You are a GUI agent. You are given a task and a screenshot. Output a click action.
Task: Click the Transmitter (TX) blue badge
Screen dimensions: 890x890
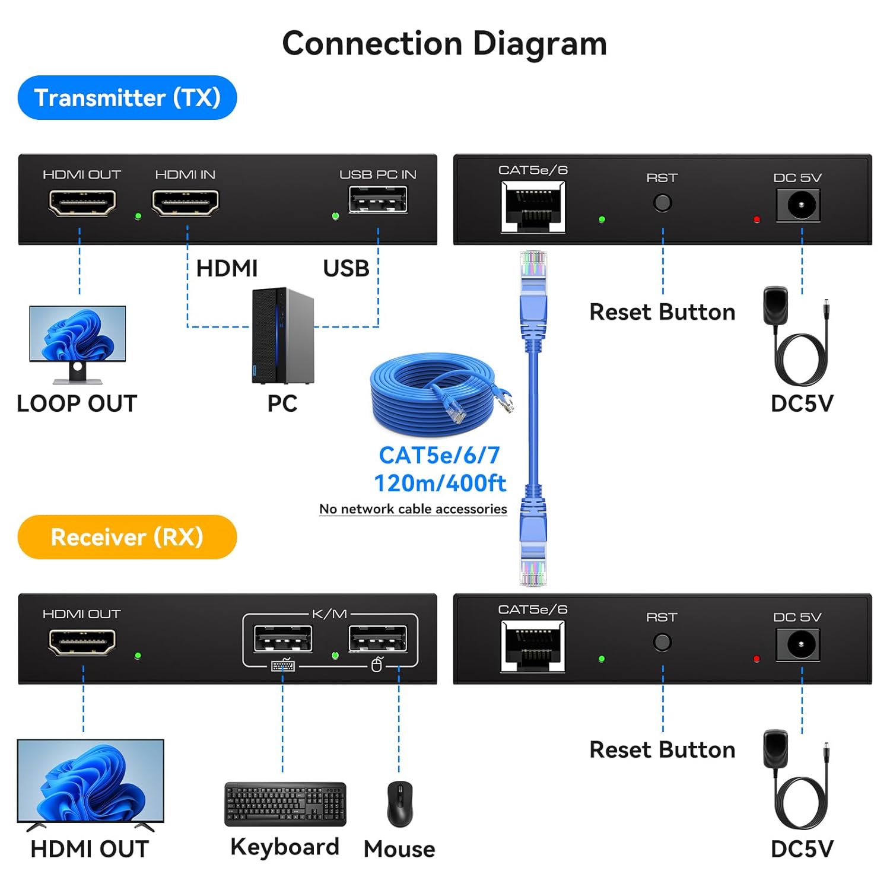(127, 98)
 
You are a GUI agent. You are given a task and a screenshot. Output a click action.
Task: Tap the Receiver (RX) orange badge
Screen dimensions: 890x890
(127, 537)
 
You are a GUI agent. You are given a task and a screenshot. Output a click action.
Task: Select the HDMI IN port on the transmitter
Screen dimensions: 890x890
(185, 203)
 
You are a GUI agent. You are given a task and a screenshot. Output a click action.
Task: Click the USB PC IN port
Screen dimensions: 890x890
(378, 199)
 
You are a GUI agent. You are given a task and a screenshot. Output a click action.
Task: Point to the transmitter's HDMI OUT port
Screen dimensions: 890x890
(82, 203)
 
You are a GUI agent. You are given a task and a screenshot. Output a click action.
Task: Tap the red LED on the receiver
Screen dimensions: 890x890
(757, 659)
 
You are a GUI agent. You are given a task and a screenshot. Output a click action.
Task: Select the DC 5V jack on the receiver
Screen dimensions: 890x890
(798, 644)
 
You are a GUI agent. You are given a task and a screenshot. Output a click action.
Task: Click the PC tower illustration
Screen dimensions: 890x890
(282, 336)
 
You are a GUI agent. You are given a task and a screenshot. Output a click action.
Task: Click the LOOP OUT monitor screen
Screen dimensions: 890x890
(78, 333)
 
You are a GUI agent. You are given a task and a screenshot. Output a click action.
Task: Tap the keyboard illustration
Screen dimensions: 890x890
(285, 804)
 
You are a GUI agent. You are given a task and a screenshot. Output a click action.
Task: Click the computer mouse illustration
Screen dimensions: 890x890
(400, 804)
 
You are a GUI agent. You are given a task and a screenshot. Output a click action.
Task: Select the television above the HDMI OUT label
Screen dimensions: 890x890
(90, 781)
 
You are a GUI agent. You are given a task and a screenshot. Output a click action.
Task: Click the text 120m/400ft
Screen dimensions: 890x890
(440, 484)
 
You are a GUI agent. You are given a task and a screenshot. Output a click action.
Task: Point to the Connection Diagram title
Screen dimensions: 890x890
(444, 44)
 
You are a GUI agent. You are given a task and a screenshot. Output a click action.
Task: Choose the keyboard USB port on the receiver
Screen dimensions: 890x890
(282, 640)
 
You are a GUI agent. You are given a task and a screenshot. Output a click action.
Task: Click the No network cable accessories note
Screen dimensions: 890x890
(413, 509)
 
